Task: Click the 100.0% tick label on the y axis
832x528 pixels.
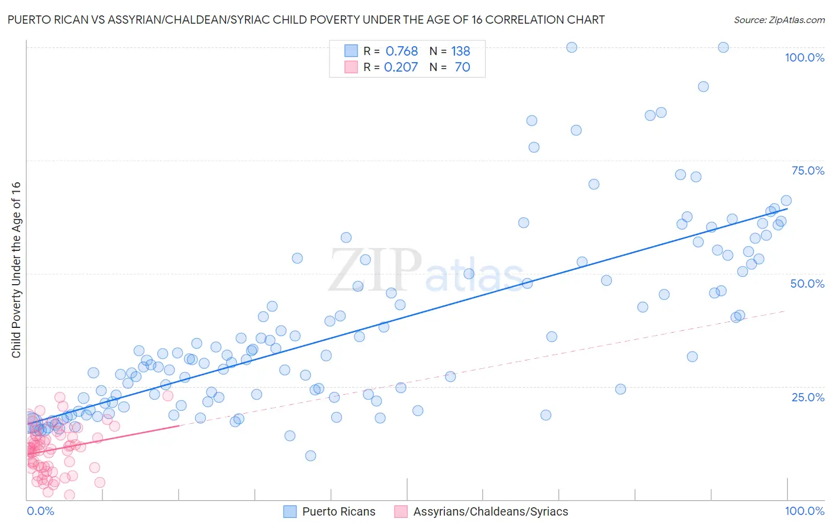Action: [x=804, y=57]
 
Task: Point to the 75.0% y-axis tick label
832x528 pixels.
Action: [x=808, y=170]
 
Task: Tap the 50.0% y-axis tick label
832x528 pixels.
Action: [x=807, y=284]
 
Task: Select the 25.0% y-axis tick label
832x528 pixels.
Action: [x=808, y=397]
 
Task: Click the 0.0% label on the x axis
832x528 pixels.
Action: [x=40, y=511]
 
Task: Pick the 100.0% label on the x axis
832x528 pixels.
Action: [x=804, y=511]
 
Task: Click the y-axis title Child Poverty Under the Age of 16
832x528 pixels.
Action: [x=17, y=269]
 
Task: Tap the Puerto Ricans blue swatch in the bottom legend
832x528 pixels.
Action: [x=290, y=511]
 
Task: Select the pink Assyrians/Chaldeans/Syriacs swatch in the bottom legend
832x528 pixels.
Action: [x=401, y=511]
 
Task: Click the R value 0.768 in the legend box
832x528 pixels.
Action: [x=402, y=51]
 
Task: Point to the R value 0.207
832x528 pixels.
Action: [x=401, y=67]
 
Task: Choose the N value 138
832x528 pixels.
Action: [x=460, y=51]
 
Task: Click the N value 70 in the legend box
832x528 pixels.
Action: [x=462, y=67]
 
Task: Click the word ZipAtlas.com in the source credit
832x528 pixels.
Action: [x=796, y=20]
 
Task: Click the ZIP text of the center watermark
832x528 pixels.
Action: [x=375, y=270]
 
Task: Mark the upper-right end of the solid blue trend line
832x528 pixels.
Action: [x=788, y=208]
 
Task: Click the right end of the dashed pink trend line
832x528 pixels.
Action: [x=786, y=311]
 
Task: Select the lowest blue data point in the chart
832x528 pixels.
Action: [x=311, y=456]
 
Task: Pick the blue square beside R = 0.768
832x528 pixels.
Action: [x=351, y=51]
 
